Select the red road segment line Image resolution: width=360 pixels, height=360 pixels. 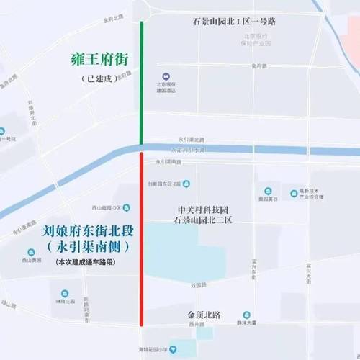coord(142,238)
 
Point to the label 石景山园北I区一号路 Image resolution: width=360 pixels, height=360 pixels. coord(234,21)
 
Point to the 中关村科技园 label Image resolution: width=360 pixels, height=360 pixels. coord(206,209)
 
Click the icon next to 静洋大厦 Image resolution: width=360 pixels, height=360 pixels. coord(246,315)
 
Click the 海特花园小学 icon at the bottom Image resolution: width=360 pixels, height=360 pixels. coord(172,349)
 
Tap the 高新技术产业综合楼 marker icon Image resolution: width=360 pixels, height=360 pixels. coord(294,194)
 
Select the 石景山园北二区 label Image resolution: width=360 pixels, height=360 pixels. coord(206,220)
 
